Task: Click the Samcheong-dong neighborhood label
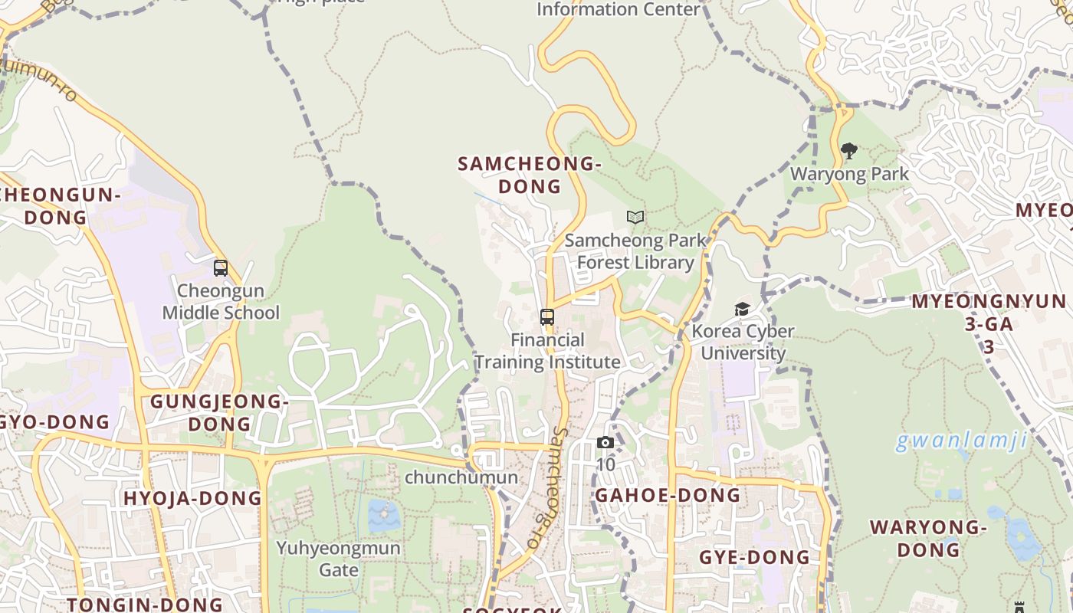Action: pos(529,175)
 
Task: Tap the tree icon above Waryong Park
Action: pos(848,151)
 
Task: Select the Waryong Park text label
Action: pos(849,174)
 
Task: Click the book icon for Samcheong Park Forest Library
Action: pos(635,218)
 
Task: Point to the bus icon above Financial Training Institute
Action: pos(546,316)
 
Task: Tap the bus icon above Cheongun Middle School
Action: pos(221,268)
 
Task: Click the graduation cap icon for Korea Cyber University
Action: pos(742,309)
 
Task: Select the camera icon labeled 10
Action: pos(605,443)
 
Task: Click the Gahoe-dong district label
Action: pos(668,495)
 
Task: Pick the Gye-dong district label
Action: pos(754,557)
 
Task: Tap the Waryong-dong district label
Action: pos(928,538)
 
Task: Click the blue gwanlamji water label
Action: pos(961,441)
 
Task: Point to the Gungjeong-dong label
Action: pos(219,412)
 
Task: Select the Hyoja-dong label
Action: pos(192,499)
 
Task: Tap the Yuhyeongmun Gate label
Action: pos(338,559)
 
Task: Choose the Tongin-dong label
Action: pos(145,605)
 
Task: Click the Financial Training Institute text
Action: pos(547,351)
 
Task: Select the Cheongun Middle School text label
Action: pos(221,302)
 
